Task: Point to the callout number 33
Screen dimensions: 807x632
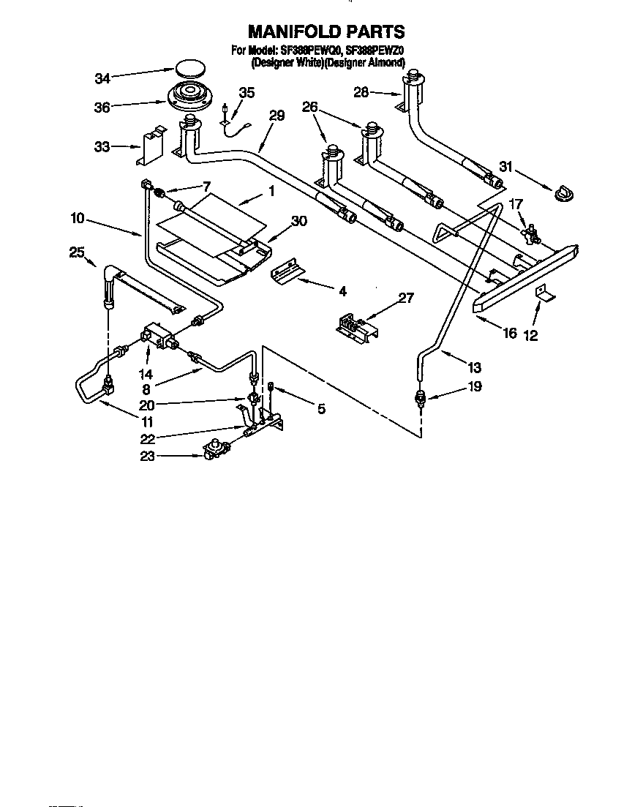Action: [102, 147]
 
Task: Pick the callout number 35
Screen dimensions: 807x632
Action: [247, 92]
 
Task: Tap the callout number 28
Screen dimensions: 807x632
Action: [362, 93]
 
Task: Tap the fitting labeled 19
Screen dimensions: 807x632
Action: [420, 398]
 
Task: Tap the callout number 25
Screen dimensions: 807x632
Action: [77, 252]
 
